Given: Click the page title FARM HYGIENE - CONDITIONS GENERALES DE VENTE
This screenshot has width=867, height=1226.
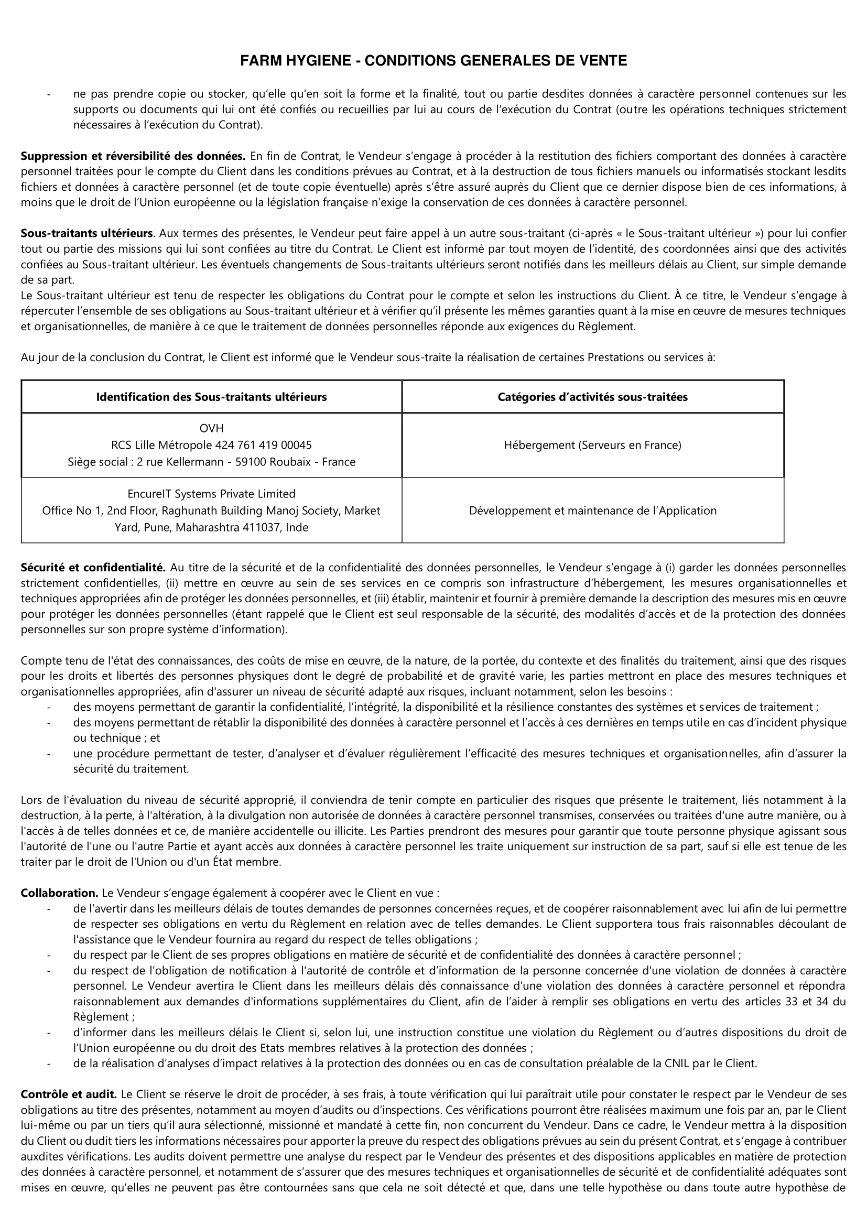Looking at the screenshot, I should point(433,61).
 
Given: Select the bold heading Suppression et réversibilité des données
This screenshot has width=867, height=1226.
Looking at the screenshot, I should point(133,156).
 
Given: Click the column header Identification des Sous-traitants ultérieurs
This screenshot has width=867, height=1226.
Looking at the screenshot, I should point(211,397).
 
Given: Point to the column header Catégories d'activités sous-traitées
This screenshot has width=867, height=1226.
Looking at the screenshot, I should point(593,397).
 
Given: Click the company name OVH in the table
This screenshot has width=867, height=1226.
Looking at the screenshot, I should point(211,428).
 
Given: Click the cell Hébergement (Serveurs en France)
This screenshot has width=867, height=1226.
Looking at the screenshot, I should point(593,445).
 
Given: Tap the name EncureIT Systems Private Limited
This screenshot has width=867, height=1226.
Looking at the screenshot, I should point(211,494).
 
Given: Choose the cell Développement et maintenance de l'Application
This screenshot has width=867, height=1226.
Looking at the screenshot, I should point(593,511).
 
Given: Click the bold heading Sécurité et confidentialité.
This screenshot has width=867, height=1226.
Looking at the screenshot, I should point(93,567).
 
